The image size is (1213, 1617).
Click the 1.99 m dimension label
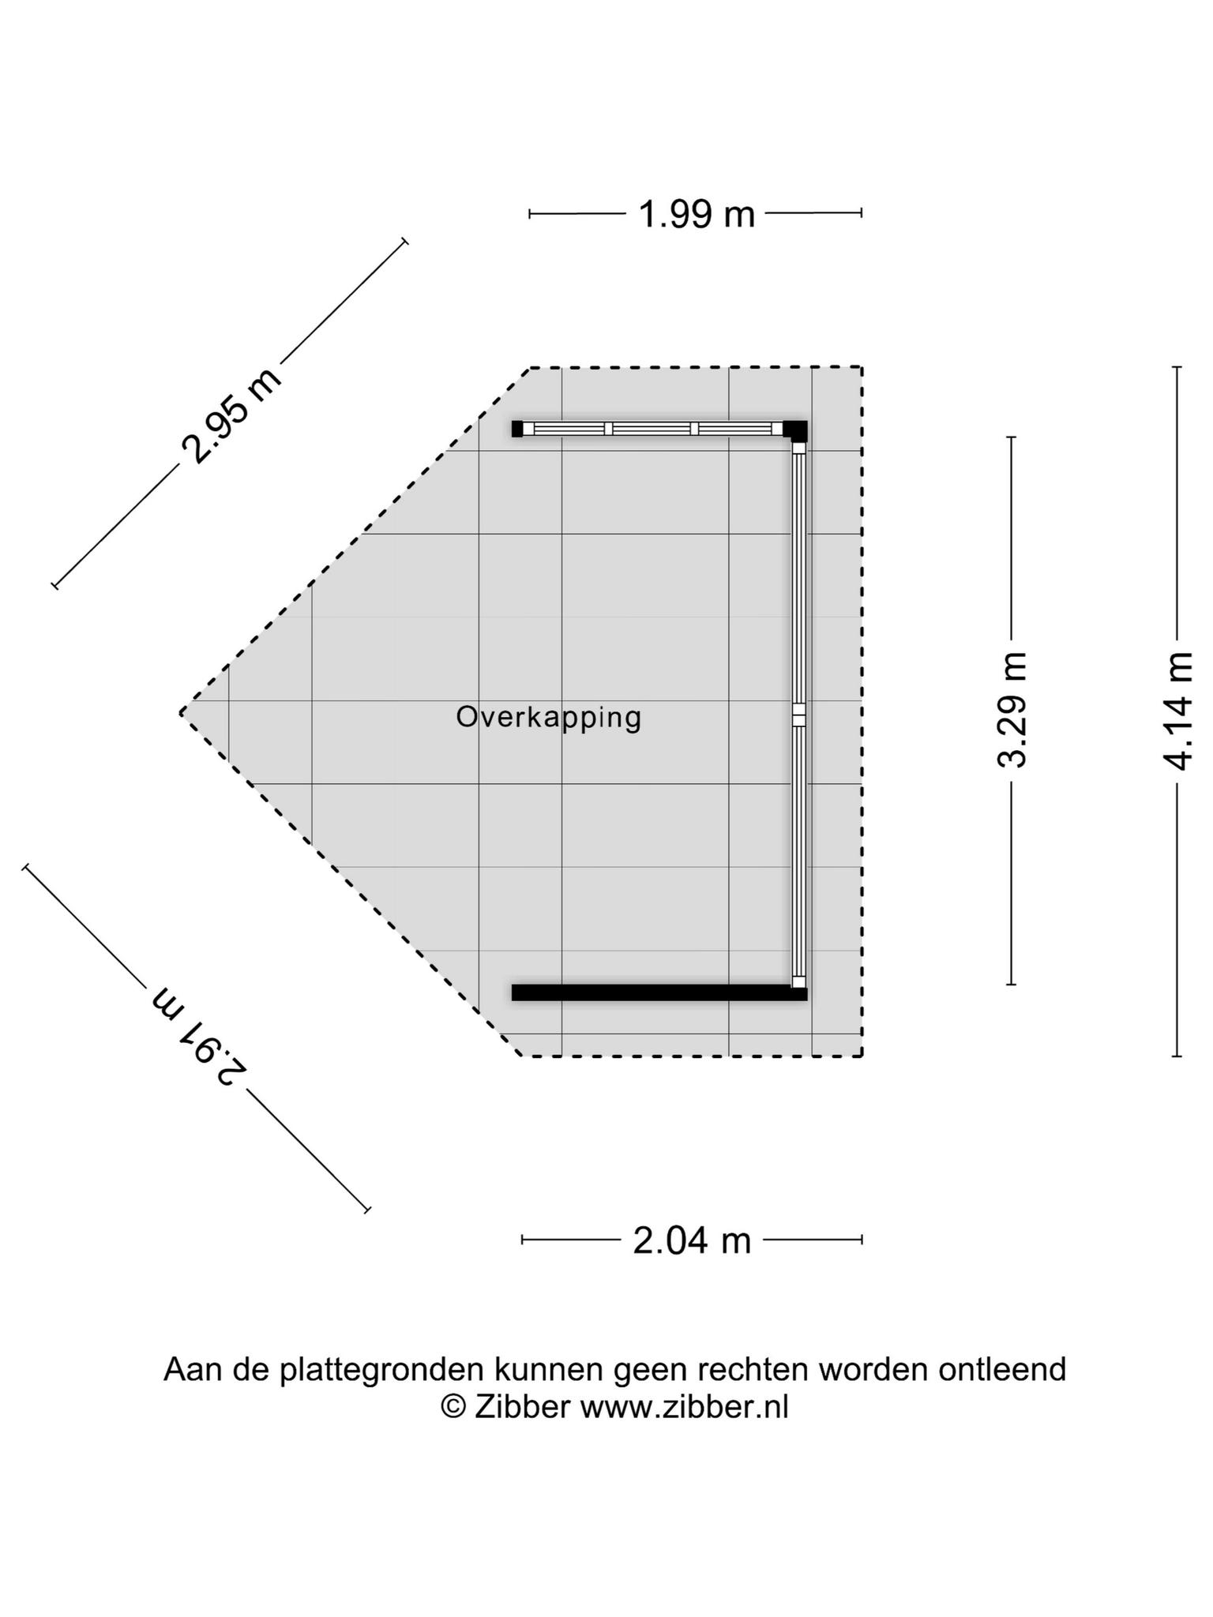click(x=696, y=214)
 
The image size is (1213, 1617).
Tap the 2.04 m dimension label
click(x=692, y=1240)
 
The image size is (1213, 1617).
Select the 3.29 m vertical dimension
click(x=1012, y=710)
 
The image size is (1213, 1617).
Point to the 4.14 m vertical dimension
click(x=1177, y=711)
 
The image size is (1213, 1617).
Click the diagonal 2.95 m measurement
click(x=231, y=415)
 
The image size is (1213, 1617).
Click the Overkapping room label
click(x=549, y=718)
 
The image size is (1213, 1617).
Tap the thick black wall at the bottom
click(x=659, y=992)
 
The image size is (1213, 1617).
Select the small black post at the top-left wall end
click(x=517, y=429)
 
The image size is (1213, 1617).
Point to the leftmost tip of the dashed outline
click(x=181, y=712)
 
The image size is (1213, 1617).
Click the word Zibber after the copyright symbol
click(x=522, y=1407)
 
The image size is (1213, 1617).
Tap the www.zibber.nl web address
click(x=685, y=1407)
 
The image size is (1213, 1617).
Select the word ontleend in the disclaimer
click(x=1002, y=1369)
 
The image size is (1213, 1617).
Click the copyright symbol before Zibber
click(x=453, y=1407)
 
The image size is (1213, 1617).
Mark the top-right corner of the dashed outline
click(x=862, y=367)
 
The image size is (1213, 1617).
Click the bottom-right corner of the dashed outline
click(x=862, y=1056)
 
